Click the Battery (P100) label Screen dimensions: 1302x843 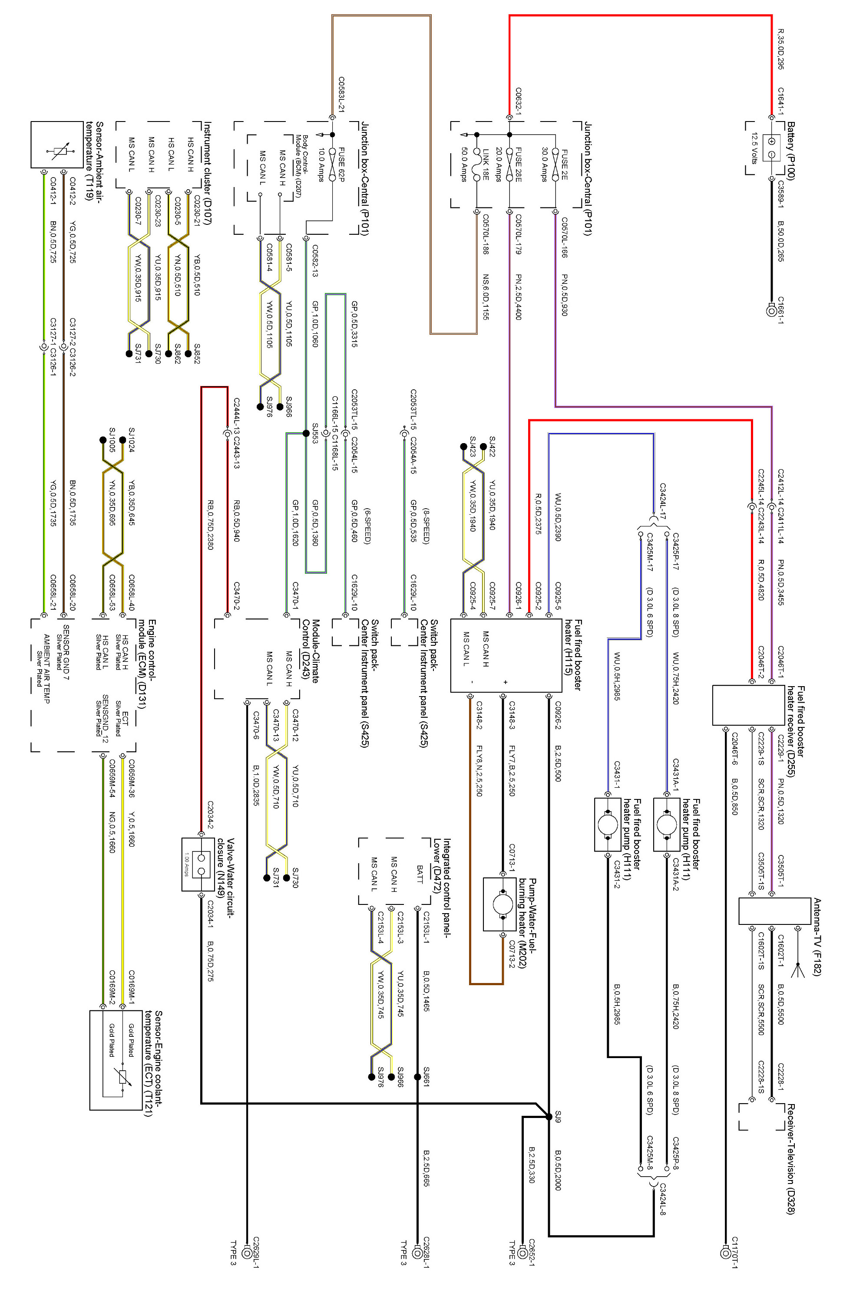click(791, 151)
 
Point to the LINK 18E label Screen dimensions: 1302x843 click(486, 164)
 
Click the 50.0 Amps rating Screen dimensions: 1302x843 click(465, 164)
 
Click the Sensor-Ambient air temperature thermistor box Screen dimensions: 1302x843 click(57, 145)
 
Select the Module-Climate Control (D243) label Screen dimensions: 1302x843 click(311, 651)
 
